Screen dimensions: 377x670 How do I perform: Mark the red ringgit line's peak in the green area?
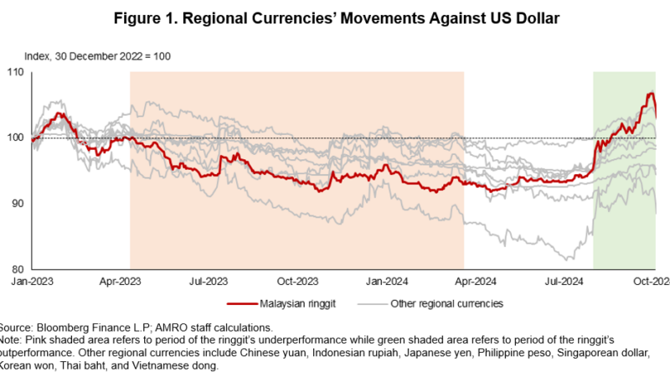coord(650,92)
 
